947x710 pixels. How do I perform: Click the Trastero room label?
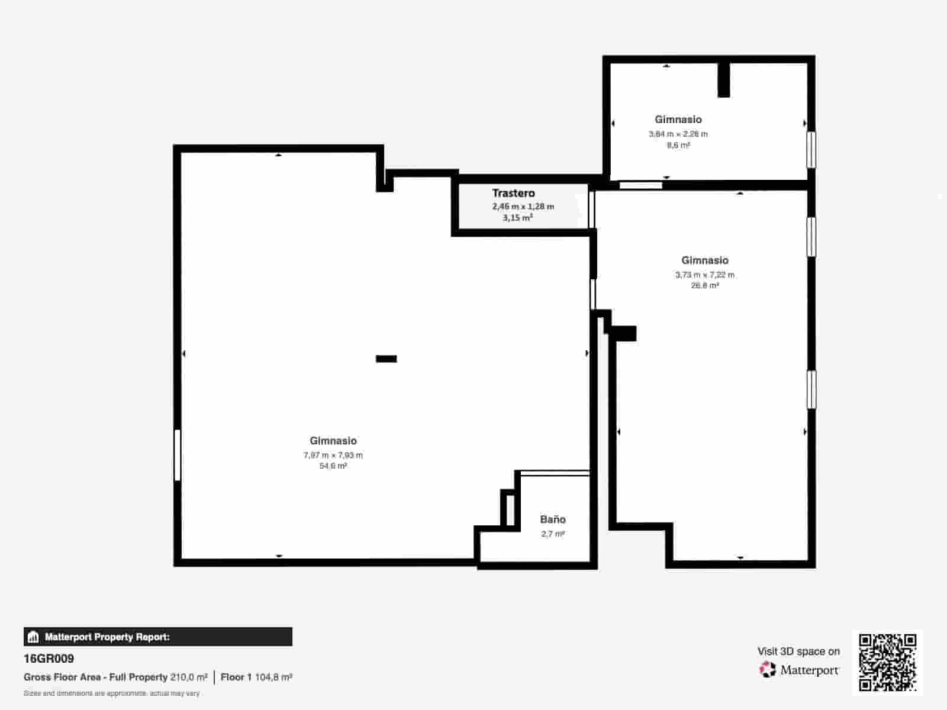(513, 193)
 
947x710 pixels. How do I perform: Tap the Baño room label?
(553, 519)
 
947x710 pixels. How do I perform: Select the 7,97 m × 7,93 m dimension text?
(333, 455)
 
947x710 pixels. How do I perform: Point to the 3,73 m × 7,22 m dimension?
(704, 275)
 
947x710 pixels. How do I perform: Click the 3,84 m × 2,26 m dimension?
(678, 134)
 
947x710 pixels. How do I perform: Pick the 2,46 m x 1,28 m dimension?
(523, 206)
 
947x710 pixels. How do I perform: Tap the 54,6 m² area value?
(333, 466)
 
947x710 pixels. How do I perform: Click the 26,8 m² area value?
(704, 285)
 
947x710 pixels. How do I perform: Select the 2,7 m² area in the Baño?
(553, 534)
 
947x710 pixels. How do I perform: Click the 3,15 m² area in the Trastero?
(518, 218)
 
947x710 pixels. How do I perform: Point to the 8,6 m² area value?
(678, 145)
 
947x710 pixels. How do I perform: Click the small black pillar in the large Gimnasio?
(386, 359)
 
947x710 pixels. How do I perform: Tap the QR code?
(887, 662)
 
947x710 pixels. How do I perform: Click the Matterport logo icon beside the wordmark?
(768, 670)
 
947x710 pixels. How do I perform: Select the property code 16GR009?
(49, 659)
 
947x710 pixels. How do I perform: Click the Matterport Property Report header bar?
(158, 637)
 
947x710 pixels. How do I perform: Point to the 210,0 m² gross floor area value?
(189, 677)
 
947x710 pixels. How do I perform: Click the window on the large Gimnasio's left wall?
(177, 454)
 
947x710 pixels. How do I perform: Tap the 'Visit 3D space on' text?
(798, 651)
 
